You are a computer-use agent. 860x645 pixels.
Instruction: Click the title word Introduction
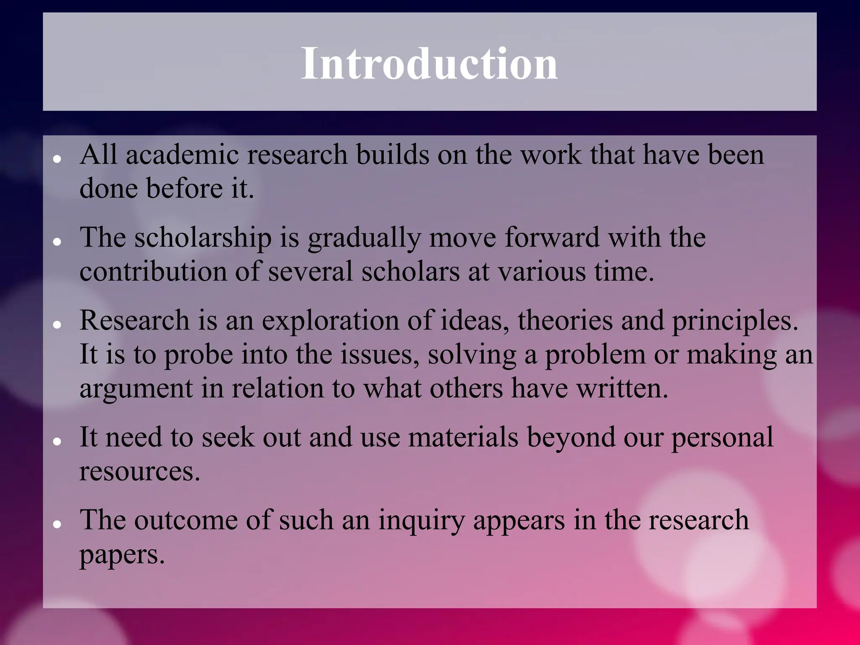430,64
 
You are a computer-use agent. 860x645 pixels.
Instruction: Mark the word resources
139,471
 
